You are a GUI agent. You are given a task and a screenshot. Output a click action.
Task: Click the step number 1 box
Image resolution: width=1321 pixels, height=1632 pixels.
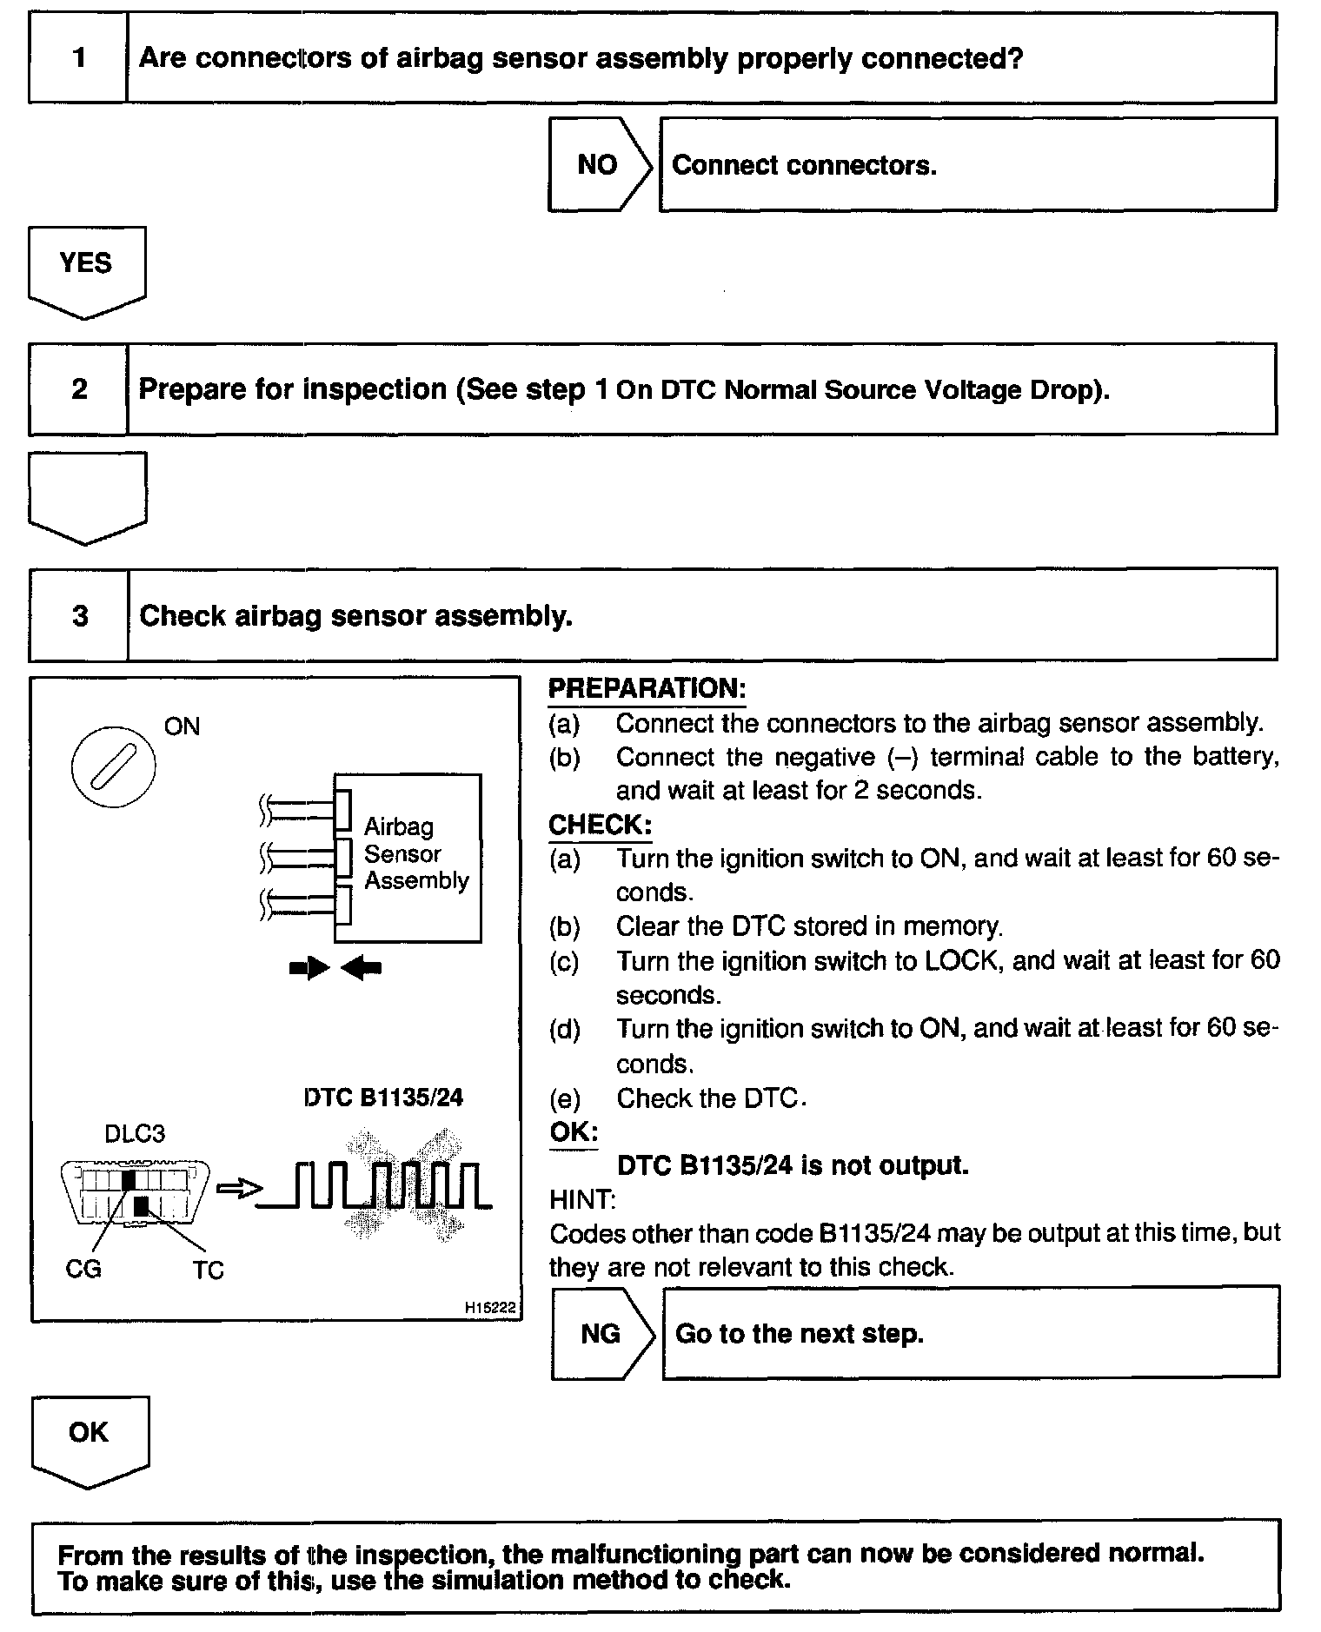78,58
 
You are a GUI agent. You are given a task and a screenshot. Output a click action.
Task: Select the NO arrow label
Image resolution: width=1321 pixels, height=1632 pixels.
597,165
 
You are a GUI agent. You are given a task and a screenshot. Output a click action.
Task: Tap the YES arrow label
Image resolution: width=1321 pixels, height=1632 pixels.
85,262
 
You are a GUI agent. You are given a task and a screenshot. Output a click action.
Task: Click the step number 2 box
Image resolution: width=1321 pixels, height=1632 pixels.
78,388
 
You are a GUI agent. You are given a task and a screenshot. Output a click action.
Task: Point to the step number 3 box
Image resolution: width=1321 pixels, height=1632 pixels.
79,615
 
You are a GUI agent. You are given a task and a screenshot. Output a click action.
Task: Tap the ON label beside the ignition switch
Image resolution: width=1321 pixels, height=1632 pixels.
182,726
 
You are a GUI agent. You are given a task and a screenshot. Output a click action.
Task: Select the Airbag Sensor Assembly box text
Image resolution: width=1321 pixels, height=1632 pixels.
415,853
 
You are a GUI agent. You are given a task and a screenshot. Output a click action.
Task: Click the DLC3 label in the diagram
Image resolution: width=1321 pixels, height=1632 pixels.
134,1133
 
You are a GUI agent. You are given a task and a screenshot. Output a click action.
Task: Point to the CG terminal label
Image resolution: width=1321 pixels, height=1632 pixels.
83,1269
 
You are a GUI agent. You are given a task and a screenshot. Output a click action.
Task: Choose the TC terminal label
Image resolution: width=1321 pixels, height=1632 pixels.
209,1270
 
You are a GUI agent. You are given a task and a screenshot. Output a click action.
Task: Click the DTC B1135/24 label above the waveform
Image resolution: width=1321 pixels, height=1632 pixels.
383,1098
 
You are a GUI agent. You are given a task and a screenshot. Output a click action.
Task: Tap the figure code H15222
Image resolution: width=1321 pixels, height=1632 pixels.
490,1306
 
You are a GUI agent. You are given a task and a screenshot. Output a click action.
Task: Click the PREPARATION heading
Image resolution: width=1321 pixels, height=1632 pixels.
647,688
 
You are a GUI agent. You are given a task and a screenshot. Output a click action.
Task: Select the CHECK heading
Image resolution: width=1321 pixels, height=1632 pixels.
600,824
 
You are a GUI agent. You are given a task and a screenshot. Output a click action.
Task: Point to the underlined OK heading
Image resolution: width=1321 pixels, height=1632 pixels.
574,1131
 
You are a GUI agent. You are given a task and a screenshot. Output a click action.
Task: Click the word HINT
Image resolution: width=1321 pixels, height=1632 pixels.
582,1199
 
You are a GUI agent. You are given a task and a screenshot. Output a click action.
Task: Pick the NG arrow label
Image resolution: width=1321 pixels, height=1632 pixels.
600,1333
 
